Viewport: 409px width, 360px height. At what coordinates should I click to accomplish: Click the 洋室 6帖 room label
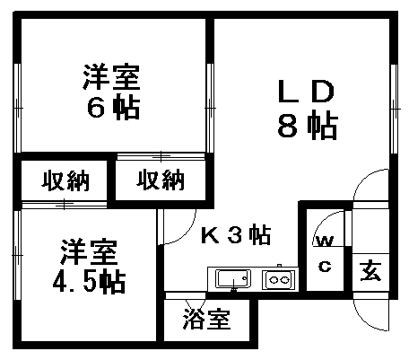[x=112, y=92]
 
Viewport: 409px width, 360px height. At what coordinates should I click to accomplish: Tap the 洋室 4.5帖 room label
[x=89, y=267]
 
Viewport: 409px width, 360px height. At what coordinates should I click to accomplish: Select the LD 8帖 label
[x=307, y=110]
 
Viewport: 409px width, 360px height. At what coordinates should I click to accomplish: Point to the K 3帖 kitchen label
[x=236, y=234]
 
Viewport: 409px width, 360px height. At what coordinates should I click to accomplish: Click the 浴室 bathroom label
[x=206, y=319]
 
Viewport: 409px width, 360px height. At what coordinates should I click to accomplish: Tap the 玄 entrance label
[x=370, y=271]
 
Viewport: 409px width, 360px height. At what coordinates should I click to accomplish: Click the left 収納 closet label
[x=65, y=180]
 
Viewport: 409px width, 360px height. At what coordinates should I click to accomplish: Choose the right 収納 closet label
[x=161, y=180]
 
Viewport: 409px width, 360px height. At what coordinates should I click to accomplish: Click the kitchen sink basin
[x=233, y=279]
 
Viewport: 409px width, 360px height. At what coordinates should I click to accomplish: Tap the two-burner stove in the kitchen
[x=279, y=280]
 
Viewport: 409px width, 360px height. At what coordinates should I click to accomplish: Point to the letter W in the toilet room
[x=325, y=241]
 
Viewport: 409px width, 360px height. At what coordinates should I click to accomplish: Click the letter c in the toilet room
[x=325, y=266]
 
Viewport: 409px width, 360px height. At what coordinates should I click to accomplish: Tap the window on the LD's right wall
[x=395, y=109]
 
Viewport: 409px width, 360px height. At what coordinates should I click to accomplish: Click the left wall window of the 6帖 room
[x=18, y=108]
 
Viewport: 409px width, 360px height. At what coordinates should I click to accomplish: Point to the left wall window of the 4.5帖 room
[x=17, y=255]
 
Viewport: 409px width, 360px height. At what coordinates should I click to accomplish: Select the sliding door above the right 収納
[x=161, y=156]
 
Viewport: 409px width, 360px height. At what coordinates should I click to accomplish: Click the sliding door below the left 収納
[x=65, y=205]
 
